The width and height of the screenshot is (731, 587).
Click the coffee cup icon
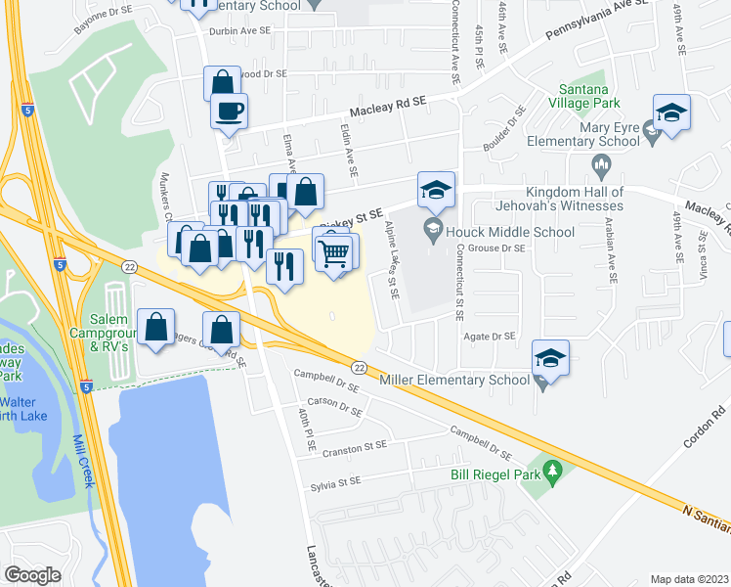[x=230, y=111]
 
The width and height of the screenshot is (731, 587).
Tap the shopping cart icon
[x=334, y=253]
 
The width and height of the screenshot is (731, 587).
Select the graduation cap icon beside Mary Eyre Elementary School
[x=672, y=113]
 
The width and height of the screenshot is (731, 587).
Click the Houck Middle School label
[x=509, y=232]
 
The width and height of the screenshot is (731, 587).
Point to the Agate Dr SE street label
[x=489, y=336]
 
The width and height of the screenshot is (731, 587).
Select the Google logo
[x=33, y=575]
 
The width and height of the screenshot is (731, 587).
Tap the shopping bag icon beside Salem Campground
[x=156, y=328]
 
